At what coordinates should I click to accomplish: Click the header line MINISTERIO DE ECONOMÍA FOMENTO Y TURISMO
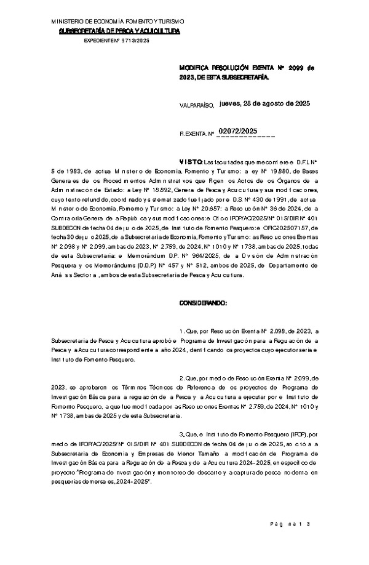pos(116,23)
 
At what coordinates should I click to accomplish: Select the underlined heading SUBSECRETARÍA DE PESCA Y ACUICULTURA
pos(119,31)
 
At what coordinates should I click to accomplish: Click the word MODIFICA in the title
pos(193,68)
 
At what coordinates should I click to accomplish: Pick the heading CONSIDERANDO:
pos(203,303)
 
